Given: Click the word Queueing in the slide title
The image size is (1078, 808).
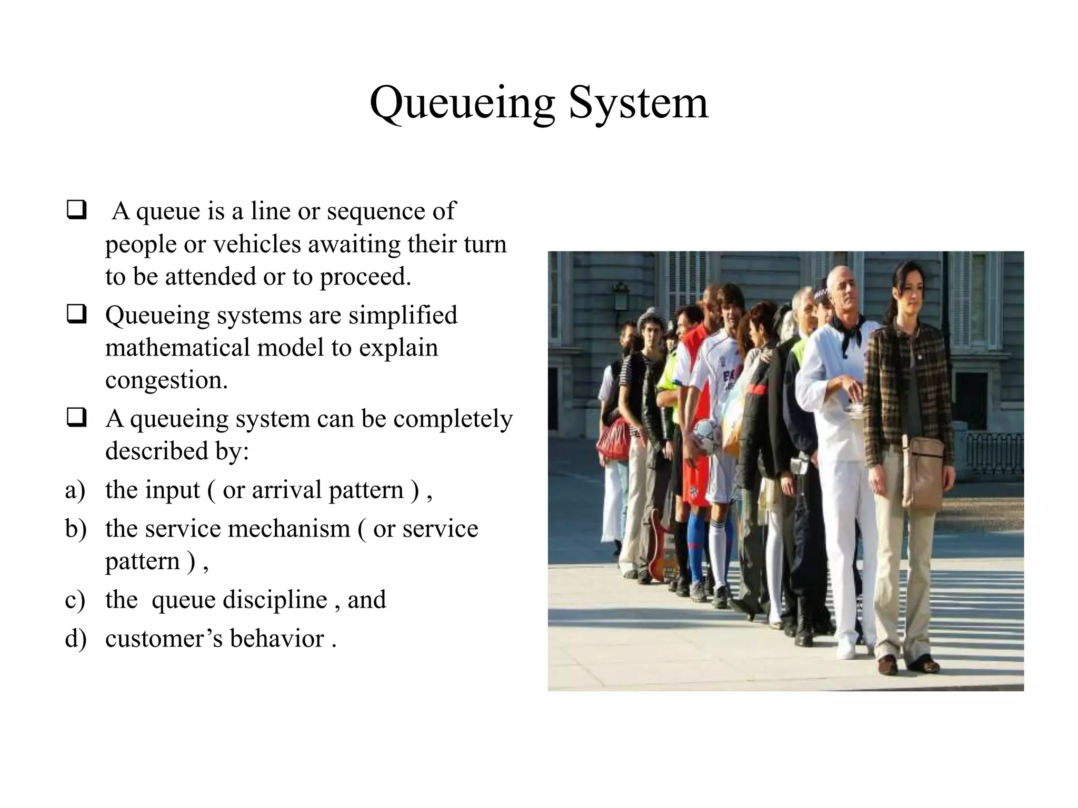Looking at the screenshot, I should tap(462, 103).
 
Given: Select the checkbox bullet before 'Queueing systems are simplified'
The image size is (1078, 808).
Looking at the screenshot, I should tap(77, 315).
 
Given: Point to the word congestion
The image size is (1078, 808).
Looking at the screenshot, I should tap(166, 380).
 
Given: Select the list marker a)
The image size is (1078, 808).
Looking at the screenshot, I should tap(75, 490).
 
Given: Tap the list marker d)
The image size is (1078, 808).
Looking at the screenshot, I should tap(75, 639).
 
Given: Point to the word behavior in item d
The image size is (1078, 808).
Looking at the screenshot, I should tap(277, 639).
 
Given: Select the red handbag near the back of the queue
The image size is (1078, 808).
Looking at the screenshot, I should tap(614, 441).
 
